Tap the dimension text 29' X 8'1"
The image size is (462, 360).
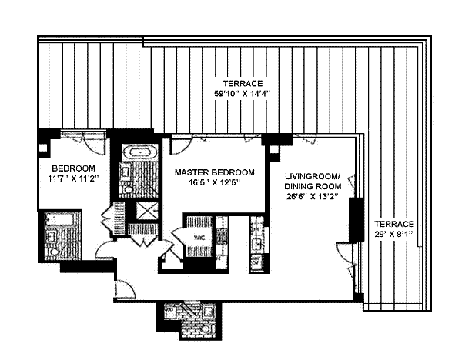[x=395, y=233]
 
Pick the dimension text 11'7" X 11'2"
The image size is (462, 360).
[x=73, y=179]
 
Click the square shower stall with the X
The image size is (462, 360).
[x=144, y=211]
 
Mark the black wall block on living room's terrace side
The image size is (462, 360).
[x=355, y=220]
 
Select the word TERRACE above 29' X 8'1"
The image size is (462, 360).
[x=395, y=222]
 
